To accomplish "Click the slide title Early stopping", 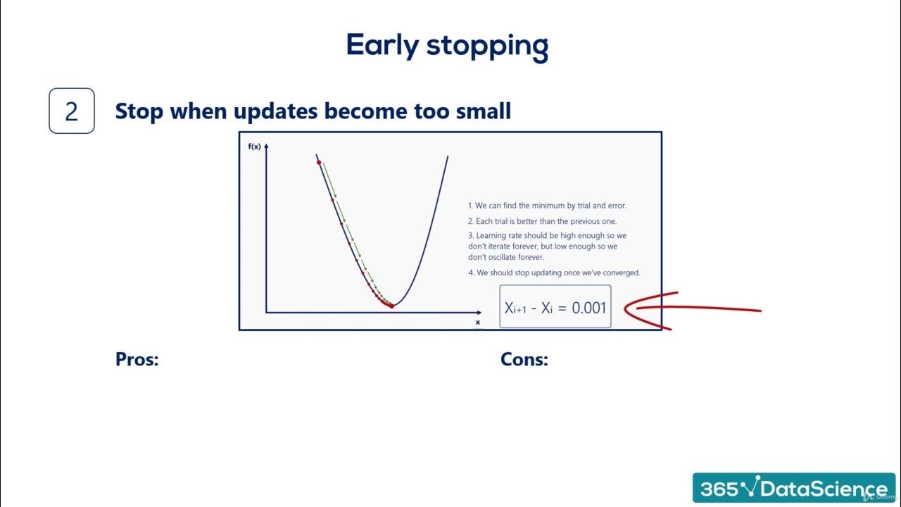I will (447, 46).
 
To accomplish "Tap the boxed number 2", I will (71, 111).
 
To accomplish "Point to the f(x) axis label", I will (254, 146).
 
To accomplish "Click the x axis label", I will (478, 322).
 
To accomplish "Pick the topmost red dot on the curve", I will (319, 163).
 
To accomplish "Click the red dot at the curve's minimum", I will (392, 306).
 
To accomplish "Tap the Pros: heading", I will (137, 359).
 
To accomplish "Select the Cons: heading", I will (524, 359).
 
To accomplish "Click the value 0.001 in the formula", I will (588, 308).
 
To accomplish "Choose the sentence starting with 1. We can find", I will (547, 206).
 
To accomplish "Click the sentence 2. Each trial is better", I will (542, 221).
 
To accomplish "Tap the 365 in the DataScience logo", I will (719, 489).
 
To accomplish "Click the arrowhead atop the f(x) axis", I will (266, 145).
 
